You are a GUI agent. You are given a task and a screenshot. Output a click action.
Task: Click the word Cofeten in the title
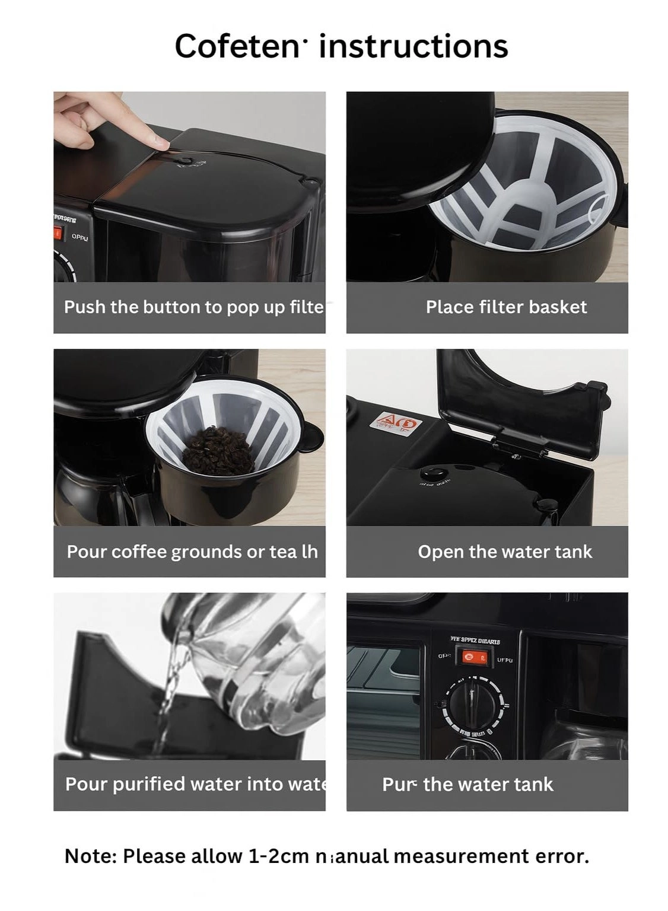(x=237, y=46)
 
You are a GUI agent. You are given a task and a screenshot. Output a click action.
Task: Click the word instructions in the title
(x=413, y=46)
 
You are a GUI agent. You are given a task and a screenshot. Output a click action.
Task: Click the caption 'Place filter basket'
(x=506, y=307)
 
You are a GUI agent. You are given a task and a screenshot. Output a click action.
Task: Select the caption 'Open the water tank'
(x=505, y=552)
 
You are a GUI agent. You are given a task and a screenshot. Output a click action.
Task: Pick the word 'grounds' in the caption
(x=206, y=552)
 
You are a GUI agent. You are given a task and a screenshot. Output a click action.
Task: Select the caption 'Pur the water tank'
(x=467, y=785)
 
